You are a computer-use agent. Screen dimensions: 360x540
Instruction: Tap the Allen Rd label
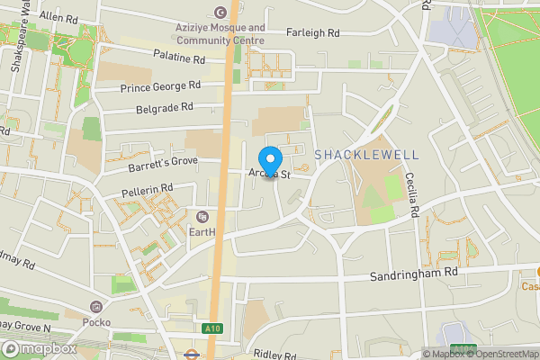tap(58, 17)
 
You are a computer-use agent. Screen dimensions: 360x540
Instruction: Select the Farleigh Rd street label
tap(312, 33)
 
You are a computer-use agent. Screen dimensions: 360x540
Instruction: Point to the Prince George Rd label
tap(159, 87)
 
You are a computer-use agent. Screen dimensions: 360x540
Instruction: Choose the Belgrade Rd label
tap(164, 107)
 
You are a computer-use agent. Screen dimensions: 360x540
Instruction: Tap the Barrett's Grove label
tap(161, 161)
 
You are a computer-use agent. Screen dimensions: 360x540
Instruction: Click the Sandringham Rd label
tap(413, 271)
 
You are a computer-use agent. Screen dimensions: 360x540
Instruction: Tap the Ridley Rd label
tap(275, 355)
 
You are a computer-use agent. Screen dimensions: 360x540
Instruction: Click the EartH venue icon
tap(202, 216)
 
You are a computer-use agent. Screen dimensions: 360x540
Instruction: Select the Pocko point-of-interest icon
tap(95, 307)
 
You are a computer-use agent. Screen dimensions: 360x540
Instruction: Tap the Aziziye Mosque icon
tap(221, 12)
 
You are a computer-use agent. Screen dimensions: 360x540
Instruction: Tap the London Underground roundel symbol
tap(191, 355)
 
